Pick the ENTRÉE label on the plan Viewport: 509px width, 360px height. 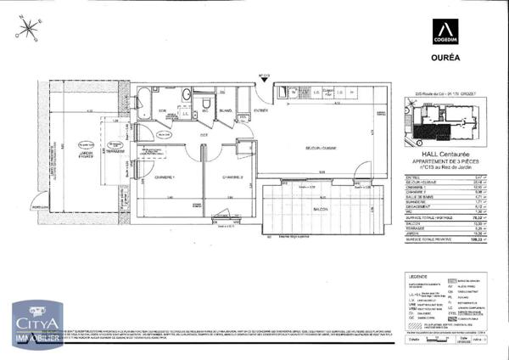coord(260,110)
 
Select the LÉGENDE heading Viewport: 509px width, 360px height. coord(417,276)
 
